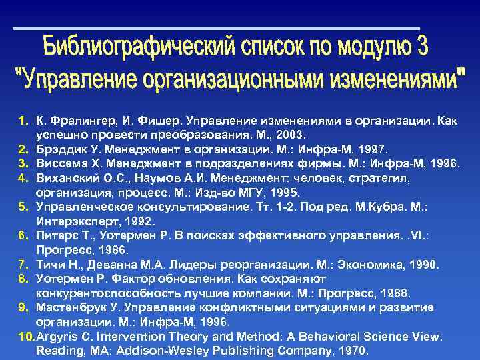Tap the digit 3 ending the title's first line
[x=421, y=47]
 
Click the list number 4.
[x=22, y=179]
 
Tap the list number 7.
[x=22, y=265]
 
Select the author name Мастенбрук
[x=73, y=307]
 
